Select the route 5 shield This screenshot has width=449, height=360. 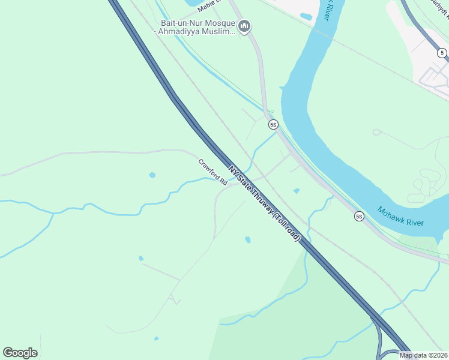tap(442, 53)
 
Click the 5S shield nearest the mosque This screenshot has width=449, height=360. tap(273, 125)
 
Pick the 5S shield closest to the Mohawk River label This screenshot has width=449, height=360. tap(359, 216)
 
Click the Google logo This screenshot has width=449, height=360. tap(20, 353)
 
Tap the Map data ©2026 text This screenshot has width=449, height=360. tap(423, 355)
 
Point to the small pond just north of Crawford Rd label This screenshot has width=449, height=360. tap(152, 175)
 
